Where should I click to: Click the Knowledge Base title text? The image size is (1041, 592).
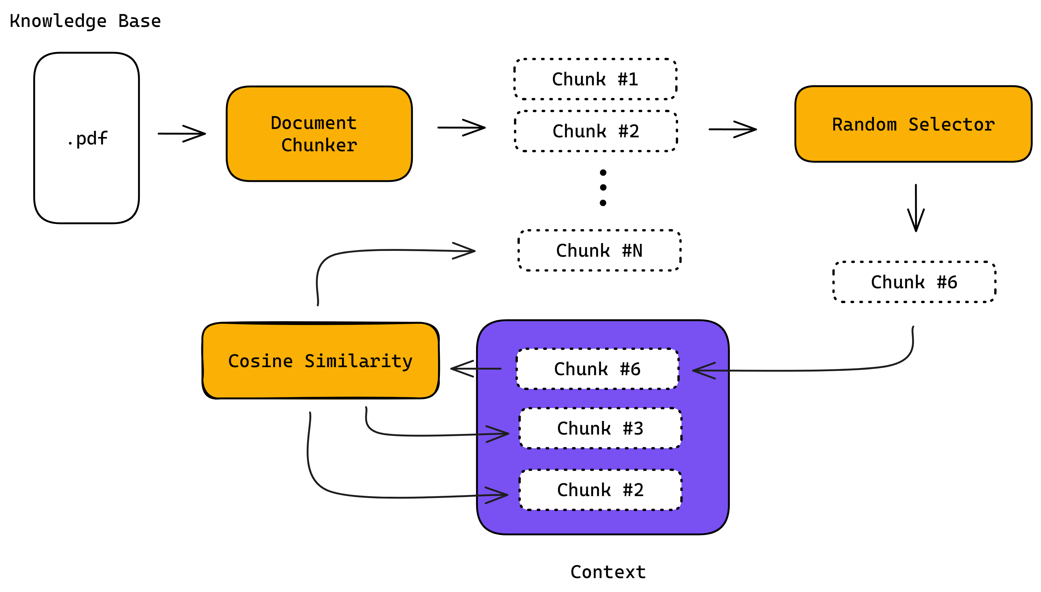tap(85, 21)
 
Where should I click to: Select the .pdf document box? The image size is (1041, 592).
tap(86, 138)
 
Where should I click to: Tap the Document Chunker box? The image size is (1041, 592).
tap(319, 134)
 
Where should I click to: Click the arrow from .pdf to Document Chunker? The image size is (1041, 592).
tap(182, 133)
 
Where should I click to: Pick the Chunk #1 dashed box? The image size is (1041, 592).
tap(595, 79)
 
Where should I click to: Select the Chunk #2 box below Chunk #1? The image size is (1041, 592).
tap(596, 131)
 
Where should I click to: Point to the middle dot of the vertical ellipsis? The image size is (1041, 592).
tap(603, 187)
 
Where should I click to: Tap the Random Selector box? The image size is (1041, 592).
tap(913, 124)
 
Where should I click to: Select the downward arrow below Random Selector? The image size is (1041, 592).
tap(916, 208)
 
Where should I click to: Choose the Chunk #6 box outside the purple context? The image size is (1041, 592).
tap(914, 282)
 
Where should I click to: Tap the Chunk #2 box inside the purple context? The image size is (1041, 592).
tap(600, 490)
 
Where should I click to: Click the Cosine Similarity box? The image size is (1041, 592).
tap(320, 361)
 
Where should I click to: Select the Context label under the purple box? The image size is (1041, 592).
tap(608, 572)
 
